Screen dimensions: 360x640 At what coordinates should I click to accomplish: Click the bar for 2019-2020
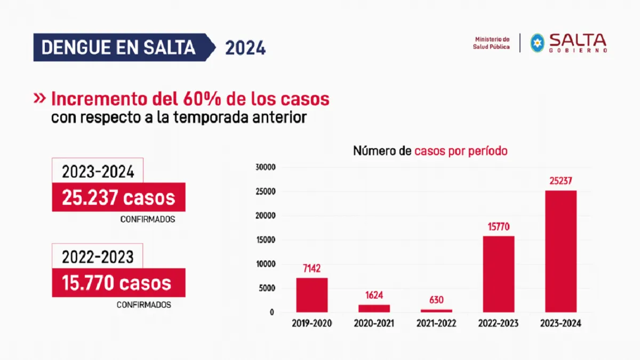coord(312,295)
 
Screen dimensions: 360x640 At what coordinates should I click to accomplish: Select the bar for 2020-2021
coord(374,308)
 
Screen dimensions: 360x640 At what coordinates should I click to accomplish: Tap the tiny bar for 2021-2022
coord(436,310)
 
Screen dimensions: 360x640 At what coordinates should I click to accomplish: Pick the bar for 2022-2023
coord(499,274)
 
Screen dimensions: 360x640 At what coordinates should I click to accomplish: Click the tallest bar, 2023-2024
coord(561,251)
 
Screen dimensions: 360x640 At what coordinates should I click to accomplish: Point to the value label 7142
coord(312,268)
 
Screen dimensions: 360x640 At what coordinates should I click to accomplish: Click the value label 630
coord(436,300)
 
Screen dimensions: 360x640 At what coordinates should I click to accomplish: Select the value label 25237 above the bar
coord(561,181)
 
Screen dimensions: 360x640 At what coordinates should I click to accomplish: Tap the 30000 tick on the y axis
coord(265,167)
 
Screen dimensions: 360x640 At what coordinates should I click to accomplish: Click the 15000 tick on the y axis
coord(265,240)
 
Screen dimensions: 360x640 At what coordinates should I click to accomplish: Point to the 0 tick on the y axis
coord(271,313)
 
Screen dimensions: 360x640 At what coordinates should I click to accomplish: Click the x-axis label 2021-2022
coord(436,324)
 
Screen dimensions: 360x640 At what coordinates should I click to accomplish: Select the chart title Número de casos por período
coord(430,151)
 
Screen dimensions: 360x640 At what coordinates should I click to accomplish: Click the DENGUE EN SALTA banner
coord(118,47)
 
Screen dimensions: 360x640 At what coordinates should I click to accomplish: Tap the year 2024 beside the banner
coord(245,48)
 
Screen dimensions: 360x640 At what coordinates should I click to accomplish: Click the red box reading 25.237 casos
coord(118,197)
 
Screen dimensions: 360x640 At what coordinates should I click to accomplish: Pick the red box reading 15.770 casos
coord(118,283)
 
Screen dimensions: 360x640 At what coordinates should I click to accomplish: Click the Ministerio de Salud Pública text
coord(491,43)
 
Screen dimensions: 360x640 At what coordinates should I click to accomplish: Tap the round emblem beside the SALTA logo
coord(537,43)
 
